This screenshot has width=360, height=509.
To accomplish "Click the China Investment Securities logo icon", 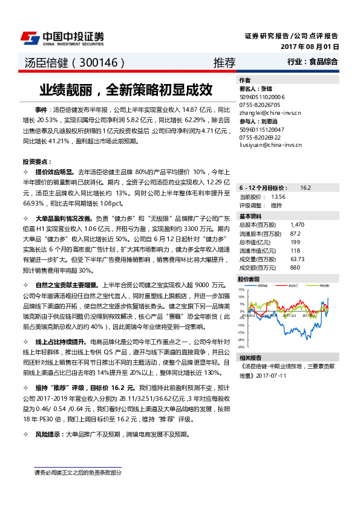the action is [x=30, y=37].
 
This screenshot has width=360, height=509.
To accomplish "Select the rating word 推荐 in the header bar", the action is [x=224, y=62].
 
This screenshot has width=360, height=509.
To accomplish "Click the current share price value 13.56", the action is [x=278, y=197].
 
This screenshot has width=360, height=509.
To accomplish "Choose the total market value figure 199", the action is [x=295, y=241].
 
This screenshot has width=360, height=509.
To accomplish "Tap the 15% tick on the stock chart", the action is [x=242, y=290].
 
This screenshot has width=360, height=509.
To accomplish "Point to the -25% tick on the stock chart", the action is [x=241, y=347].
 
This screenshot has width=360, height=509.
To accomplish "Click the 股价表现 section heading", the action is [x=249, y=279].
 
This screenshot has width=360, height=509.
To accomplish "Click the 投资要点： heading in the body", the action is [x=35, y=162].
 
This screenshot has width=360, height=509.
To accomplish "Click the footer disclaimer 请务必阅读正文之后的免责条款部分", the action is [x=78, y=472].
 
